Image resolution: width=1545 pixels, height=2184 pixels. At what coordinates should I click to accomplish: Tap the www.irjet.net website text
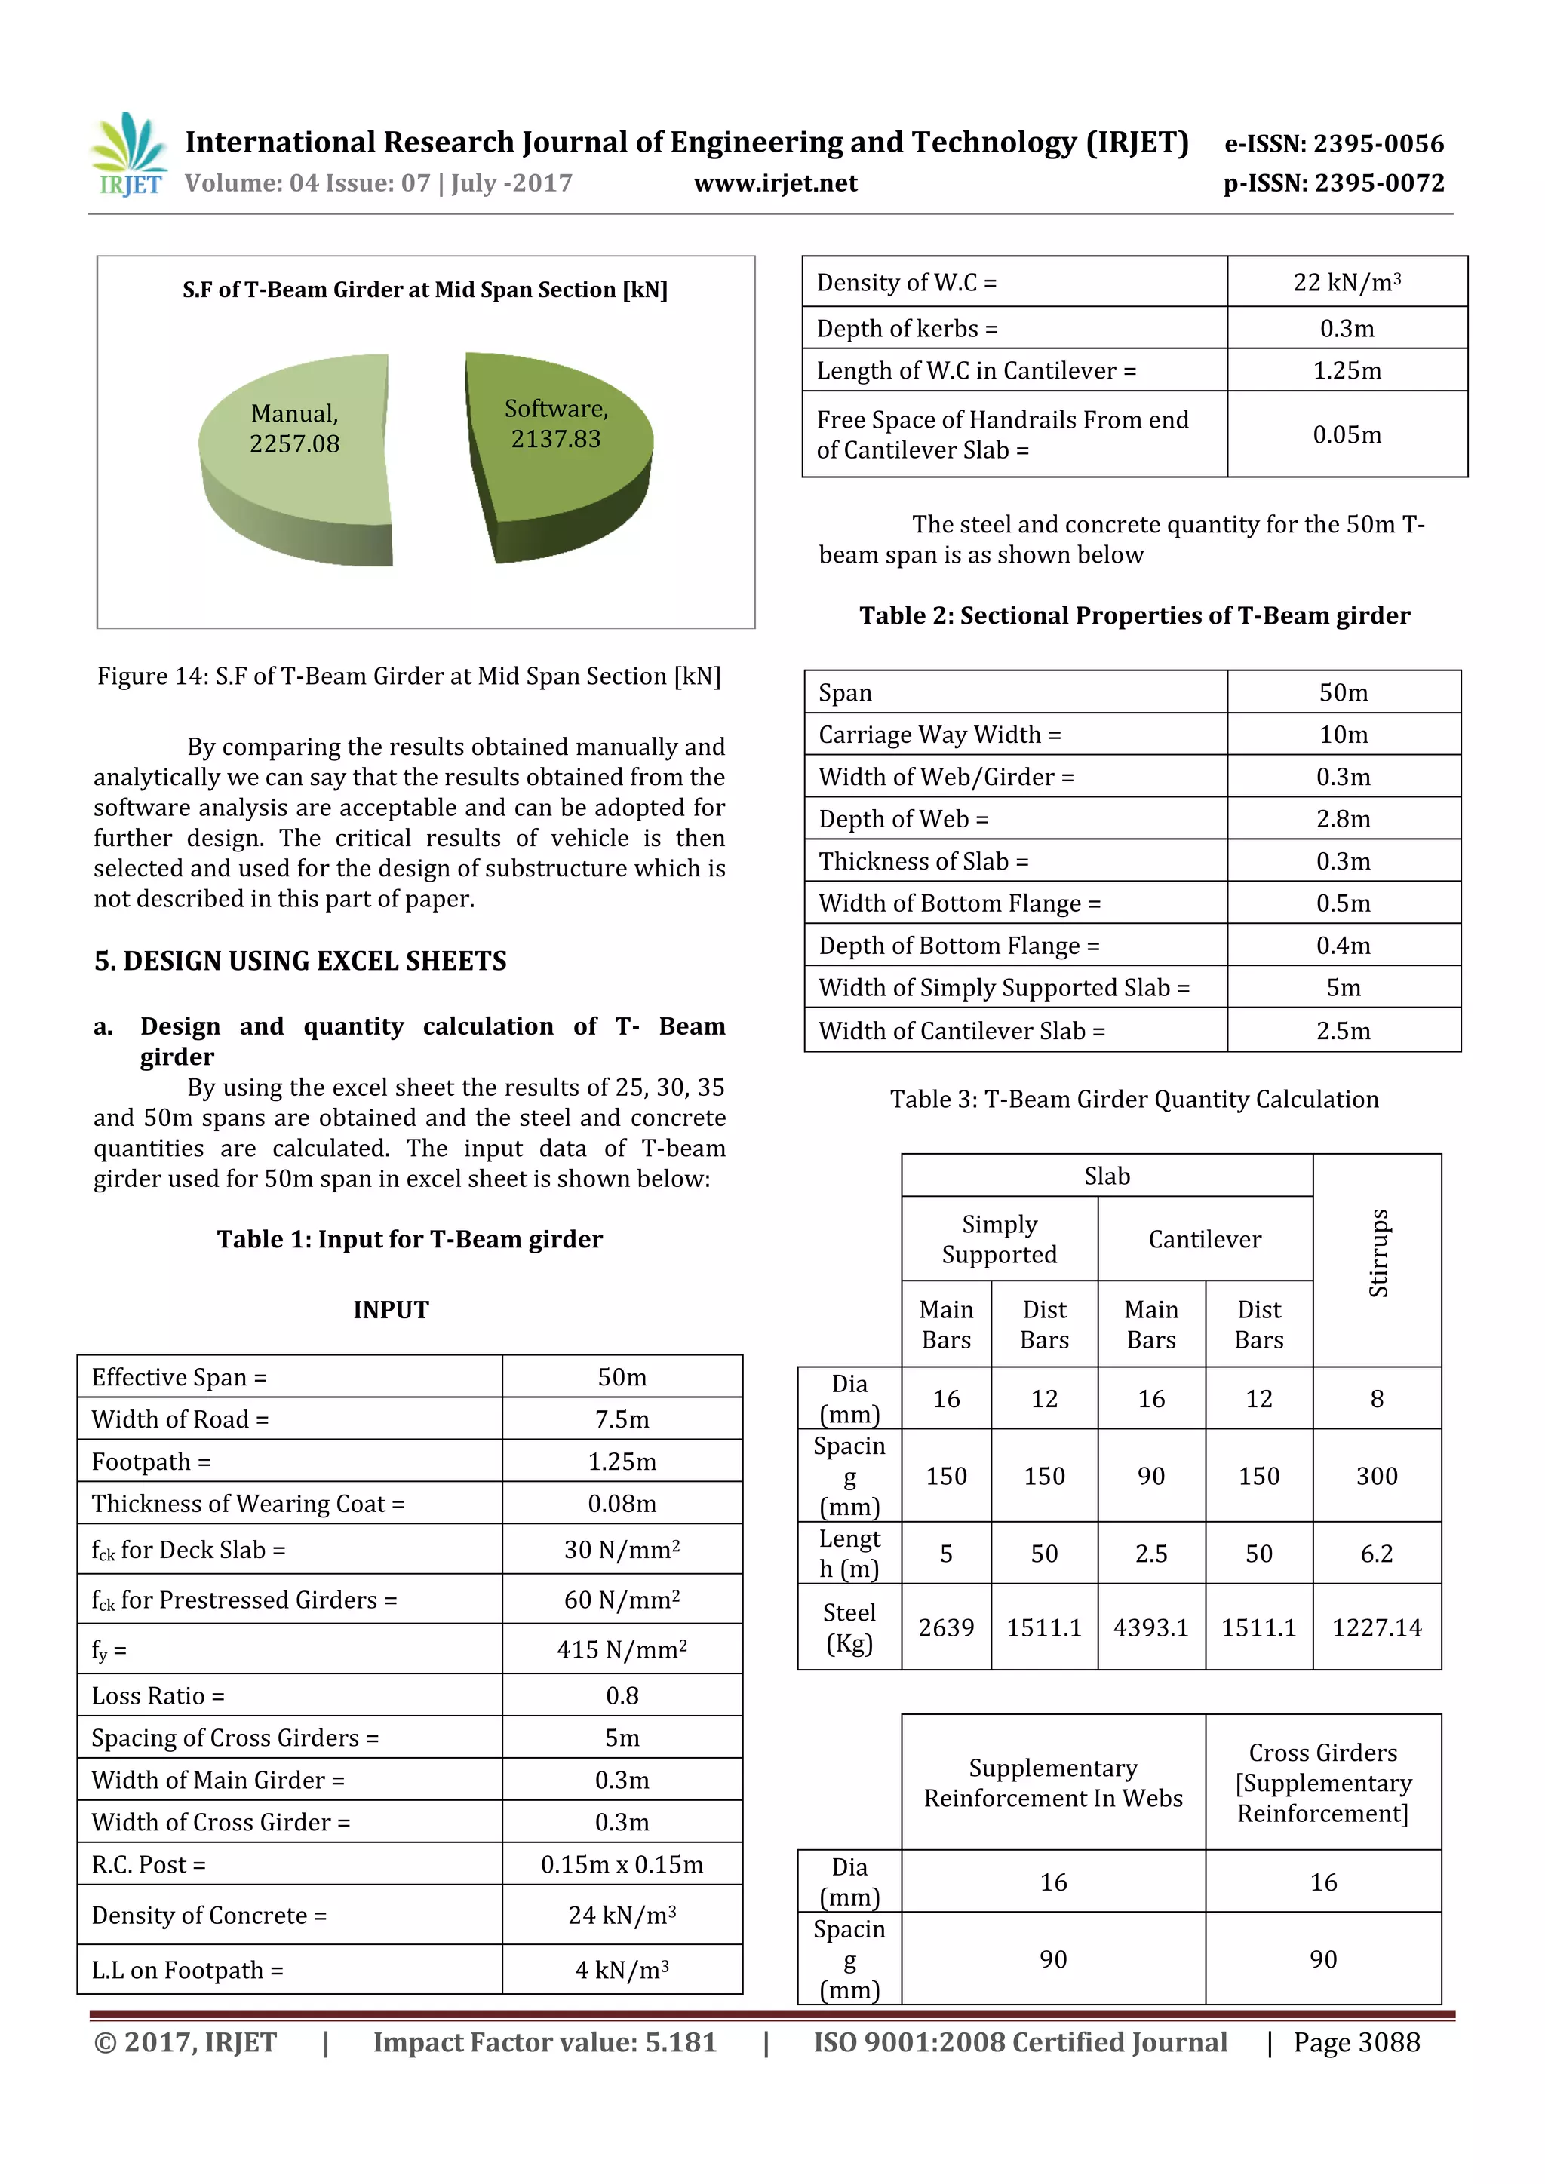coord(776,183)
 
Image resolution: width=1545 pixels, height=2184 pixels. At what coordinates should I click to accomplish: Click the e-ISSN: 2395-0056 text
coord(1334,143)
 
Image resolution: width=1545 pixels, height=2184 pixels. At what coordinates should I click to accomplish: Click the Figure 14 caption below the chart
coord(409,676)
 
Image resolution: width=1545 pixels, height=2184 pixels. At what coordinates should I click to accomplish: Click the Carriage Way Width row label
coord(939,735)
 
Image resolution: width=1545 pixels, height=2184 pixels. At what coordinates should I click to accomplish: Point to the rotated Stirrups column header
coord(1378,1253)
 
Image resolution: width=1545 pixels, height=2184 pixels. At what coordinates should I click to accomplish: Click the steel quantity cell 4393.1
coord(1151,1627)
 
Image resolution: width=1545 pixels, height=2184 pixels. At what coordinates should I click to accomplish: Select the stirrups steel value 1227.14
coord(1376,1627)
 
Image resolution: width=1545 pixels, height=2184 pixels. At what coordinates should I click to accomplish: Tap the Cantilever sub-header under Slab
coord(1205,1238)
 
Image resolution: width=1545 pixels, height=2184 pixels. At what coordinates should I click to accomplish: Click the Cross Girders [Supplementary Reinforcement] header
coord(1322,1783)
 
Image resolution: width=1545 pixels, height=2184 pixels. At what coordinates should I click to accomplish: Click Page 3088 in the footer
coord(1356,2042)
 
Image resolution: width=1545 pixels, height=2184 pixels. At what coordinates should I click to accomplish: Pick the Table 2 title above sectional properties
coord(1134,615)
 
